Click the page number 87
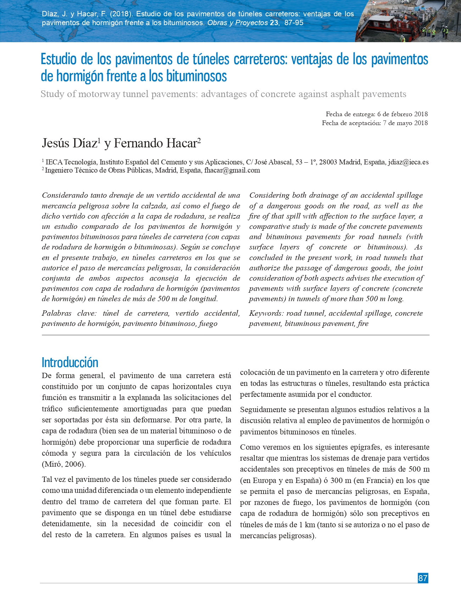point(423,578)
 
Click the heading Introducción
point(70,362)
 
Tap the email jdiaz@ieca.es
point(408,162)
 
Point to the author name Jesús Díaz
point(70,143)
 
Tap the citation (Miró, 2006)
point(64,464)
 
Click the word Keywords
point(266,313)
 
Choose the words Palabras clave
point(69,313)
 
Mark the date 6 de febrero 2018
point(402,114)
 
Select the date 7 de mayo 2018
point(405,123)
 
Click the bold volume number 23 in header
point(274,23)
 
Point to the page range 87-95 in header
point(294,23)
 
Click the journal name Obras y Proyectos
point(237,23)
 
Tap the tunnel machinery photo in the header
point(408,21)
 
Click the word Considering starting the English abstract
point(270,195)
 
